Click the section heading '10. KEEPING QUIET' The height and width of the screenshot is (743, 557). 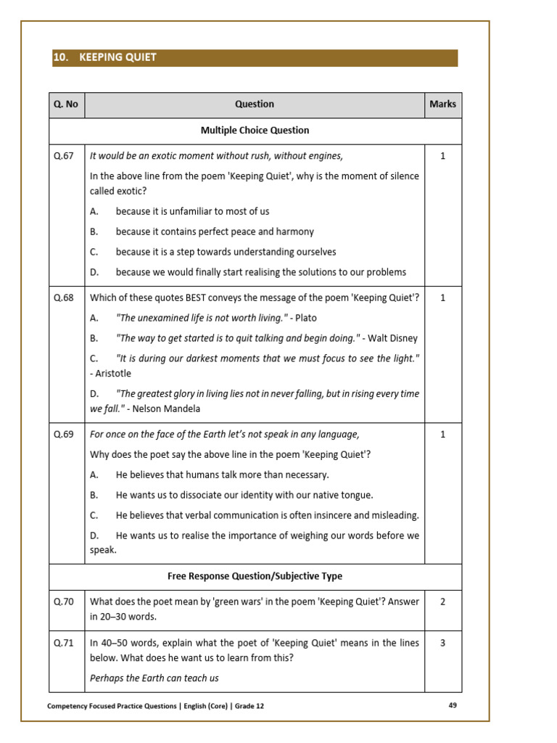pyautogui.click(x=105, y=57)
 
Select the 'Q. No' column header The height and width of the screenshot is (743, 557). pyautogui.click(x=66, y=104)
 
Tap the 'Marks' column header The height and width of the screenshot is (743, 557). pyautogui.click(x=442, y=104)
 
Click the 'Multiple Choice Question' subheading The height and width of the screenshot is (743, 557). pyautogui.click(x=255, y=131)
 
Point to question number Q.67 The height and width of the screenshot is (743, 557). pyautogui.click(x=64, y=156)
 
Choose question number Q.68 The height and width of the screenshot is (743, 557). pyautogui.click(x=64, y=297)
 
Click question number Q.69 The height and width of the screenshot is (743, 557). pyautogui.click(x=64, y=435)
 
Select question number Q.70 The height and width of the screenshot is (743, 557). pyautogui.click(x=64, y=602)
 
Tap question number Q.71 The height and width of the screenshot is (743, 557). pyautogui.click(x=64, y=643)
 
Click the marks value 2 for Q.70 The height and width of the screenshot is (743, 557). pyautogui.click(x=442, y=602)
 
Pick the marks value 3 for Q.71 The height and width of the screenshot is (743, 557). pyautogui.click(x=442, y=643)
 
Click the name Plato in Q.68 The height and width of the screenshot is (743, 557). pyautogui.click(x=306, y=318)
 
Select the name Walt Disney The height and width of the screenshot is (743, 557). pyautogui.click(x=393, y=338)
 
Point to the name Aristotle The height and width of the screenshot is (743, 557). pyautogui.click(x=113, y=373)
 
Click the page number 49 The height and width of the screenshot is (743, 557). pyautogui.click(x=453, y=705)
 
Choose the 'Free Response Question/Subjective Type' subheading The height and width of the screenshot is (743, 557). pyautogui.click(x=255, y=576)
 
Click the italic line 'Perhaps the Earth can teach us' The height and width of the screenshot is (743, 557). pyautogui.click(x=154, y=678)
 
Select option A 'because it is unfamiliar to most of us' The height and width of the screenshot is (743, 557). pyautogui.click(x=192, y=211)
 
